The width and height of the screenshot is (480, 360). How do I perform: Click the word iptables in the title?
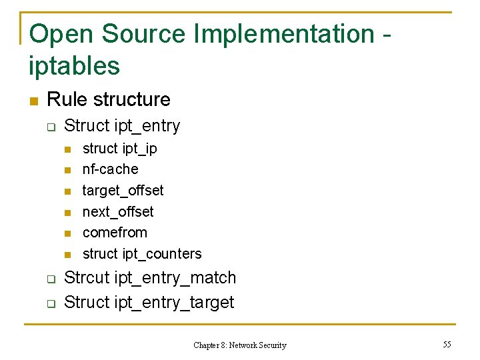pos(74,66)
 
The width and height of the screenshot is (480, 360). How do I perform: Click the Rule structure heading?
pos(109,99)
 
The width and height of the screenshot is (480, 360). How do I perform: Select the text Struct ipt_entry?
pos(122,125)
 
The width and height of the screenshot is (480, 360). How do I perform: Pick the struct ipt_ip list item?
pos(119,148)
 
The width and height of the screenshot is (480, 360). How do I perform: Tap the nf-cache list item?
pos(110,169)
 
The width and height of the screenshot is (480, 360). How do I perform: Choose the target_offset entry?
pos(123,191)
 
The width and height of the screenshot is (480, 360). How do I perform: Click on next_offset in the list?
pos(118,212)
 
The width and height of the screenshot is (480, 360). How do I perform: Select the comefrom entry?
pos(115,233)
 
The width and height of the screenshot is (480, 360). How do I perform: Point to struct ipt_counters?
pos(141,254)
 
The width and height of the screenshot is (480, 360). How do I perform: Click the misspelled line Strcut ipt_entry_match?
pos(150,277)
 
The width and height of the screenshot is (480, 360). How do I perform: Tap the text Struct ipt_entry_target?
pos(149,302)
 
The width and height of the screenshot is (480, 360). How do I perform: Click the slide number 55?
pos(447,344)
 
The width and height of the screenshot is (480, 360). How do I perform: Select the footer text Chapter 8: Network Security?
pos(239,345)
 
